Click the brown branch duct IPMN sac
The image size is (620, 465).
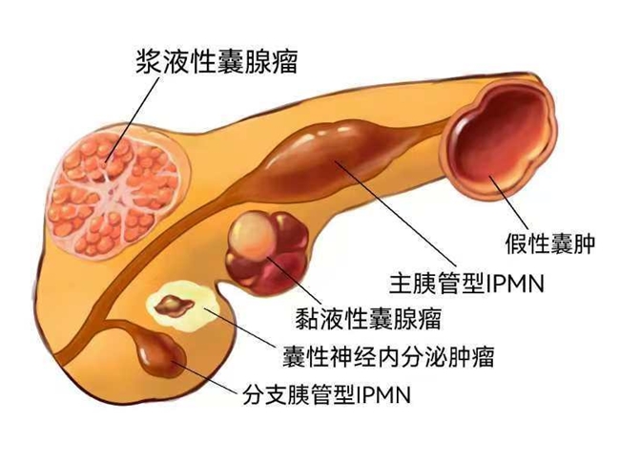[156, 355]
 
